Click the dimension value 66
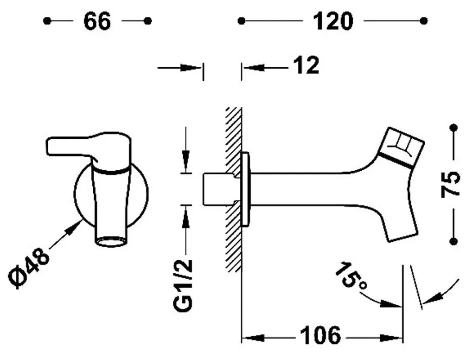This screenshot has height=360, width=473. (97, 21)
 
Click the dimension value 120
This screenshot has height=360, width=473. (333, 21)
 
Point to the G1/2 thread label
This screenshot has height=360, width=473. (183, 285)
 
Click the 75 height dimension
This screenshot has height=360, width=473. (451, 184)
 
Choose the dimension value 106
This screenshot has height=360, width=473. (320, 335)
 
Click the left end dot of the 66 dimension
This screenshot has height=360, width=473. (47, 21)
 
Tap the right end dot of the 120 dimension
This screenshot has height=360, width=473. (423, 21)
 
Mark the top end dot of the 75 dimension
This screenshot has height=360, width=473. (453, 128)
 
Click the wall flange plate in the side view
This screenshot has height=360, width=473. (245, 189)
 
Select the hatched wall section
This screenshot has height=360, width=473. (233, 189)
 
